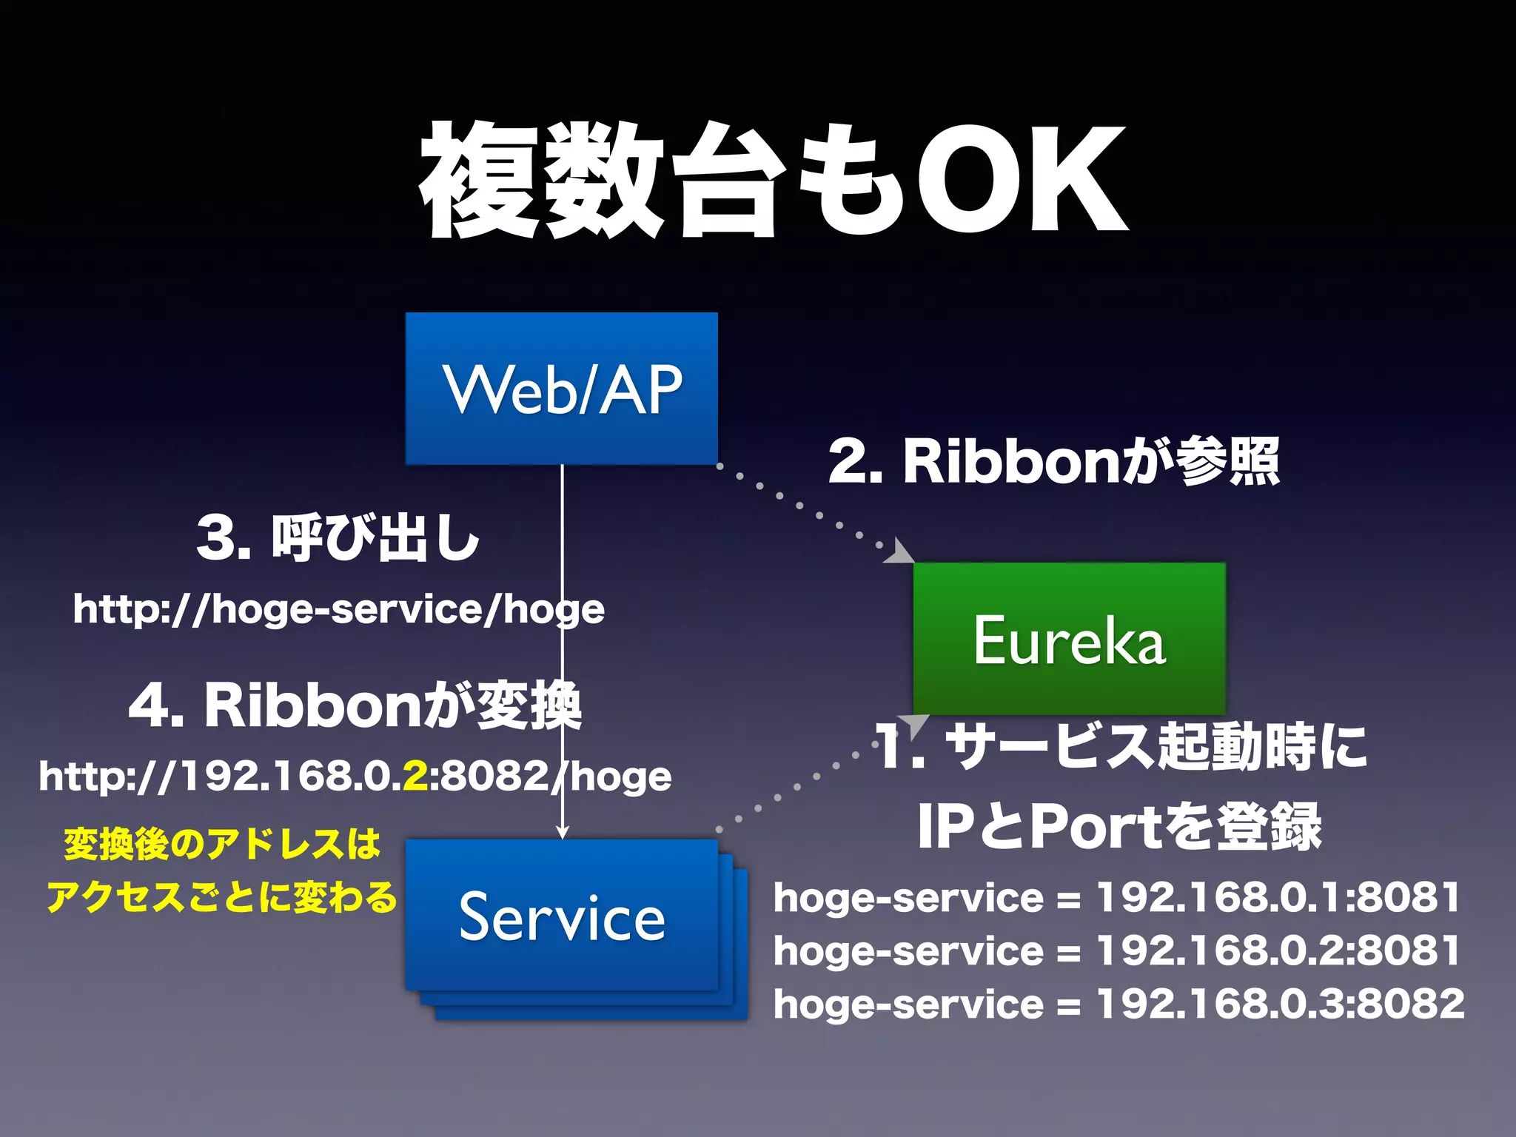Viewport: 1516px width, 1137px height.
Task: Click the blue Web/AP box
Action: click(561, 389)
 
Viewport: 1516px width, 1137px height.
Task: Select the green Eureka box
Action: click(1069, 638)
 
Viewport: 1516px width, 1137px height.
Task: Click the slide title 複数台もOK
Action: click(774, 181)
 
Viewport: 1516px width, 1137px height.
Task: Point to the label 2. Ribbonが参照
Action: click(1053, 461)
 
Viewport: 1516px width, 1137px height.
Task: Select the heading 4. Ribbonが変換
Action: click(355, 705)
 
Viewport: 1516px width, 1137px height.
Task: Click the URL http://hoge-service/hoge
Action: click(338, 609)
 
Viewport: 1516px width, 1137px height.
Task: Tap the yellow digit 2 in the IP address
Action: click(415, 776)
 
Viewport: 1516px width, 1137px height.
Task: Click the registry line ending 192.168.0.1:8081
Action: click(1117, 897)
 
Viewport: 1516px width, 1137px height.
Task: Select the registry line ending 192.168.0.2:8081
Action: click(1117, 950)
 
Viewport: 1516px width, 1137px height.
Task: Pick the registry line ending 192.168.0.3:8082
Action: click(1118, 1004)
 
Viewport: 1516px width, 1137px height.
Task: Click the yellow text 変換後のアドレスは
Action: click(222, 844)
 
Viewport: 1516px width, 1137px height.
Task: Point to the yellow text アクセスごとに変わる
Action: click(221, 897)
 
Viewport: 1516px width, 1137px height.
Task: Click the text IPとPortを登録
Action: click(1118, 827)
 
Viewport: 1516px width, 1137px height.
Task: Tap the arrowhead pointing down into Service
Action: click(562, 831)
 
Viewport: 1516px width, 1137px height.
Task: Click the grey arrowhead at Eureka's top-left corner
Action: click(900, 552)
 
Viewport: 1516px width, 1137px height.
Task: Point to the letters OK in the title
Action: click(1022, 181)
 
